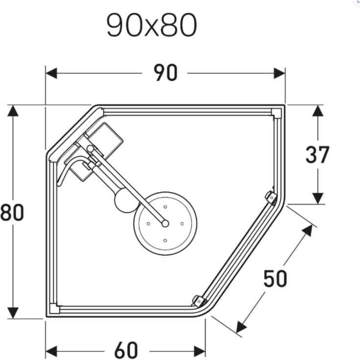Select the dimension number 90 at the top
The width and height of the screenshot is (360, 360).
pyautogui.click(x=165, y=73)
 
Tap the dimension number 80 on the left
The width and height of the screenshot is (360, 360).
pyautogui.click(x=12, y=213)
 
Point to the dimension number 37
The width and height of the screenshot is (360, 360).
pyautogui.click(x=317, y=155)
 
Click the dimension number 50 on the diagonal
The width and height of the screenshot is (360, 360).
pyautogui.click(x=275, y=279)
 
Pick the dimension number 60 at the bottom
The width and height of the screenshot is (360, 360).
pyautogui.click(x=126, y=351)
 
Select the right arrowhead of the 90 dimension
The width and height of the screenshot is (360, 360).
pyautogui.click(x=280, y=73)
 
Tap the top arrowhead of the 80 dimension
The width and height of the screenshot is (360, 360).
pyautogui.click(x=13, y=110)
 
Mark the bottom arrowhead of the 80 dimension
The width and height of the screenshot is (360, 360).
pyautogui.click(x=13, y=313)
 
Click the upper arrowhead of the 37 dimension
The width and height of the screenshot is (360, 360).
pyautogui.click(x=318, y=111)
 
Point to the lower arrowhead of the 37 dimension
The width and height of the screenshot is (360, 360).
pyautogui.click(x=318, y=198)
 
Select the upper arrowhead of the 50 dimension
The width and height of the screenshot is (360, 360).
pyautogui.click(x=307, y=229)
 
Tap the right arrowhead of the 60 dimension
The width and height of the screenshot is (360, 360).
pyautogui.click(x=199, y=351)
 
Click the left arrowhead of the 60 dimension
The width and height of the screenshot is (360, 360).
pyautogui.click(x=51, y=351)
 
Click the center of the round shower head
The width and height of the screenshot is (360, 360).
pyautogui.click(x=165, y=223)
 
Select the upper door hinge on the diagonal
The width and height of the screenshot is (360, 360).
pyautogui.click(x=270, y=197)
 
